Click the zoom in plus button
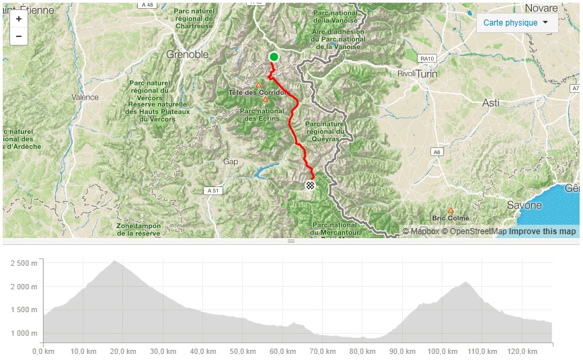click(18, 20)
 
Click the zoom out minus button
click(18, 36)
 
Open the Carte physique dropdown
click(517, 23)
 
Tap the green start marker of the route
click(274, 57)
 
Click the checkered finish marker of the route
click(309, 185)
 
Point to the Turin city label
click(427, 74)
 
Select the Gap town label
click(231, 162)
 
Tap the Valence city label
click(85, 97)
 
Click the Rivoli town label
click(407, 73)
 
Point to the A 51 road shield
click(212, 191)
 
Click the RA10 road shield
click(426, 59)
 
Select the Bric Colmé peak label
click(451, 218)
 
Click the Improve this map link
click(542, 231)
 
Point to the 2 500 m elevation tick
click(24, 262)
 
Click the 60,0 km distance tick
click(283, 351)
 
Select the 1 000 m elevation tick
click(24, 333)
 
